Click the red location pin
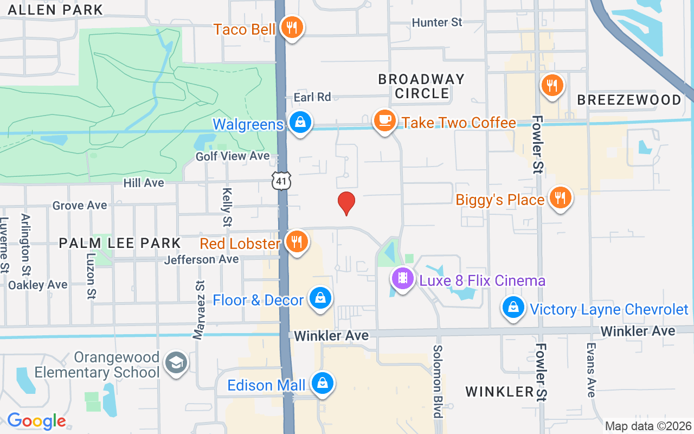[x=346, y=203]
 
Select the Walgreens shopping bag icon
[x=300, y=122]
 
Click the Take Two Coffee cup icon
[x=385, y=120]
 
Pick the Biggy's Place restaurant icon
[x=560, y=198]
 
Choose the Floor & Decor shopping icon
[x=320, y=298]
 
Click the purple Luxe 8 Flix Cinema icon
[x=402, y=279]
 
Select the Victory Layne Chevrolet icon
[x=513, y=308]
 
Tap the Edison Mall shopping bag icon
[x=323, y=384]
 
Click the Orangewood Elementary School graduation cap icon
[x=177, y=363]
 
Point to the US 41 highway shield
[x=281, y=181]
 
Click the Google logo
[x=36, y=421]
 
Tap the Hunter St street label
[x=437, y=22]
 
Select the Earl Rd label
[x=312, y=97]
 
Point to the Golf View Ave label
[x=233, y=156]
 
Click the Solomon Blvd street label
[x=438, y=381]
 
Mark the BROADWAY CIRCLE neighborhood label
[x=421, y=86]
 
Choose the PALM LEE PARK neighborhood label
[x=119, y=242]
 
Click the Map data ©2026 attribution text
[x=648, y=426]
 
